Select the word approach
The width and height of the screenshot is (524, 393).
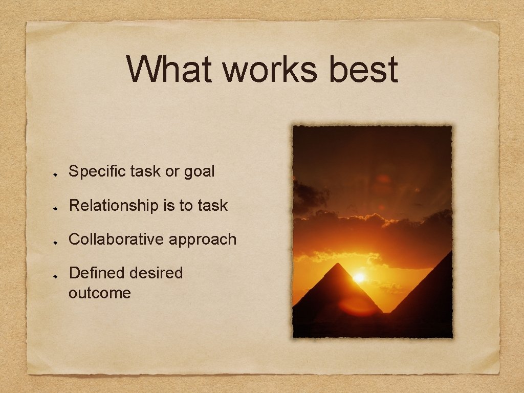click(x=206, y=239)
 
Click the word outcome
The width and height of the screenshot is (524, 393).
click(x=100, y=293)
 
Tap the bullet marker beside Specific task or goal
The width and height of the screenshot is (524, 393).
click(x=58, y=173)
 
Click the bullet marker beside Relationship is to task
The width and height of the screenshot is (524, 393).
click(x=58, y=207)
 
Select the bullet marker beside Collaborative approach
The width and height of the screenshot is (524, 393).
click(x=58, y=241)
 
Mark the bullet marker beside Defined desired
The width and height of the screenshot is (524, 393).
click(x=58, y=275)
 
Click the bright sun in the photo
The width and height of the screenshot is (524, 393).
click(x=359, y=277)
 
